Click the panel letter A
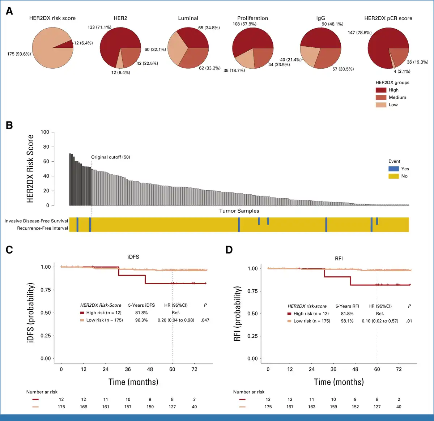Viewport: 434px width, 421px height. (x=9, y=11)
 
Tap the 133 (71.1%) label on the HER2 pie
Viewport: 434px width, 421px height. (x=99, y=27)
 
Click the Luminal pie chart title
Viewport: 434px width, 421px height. (x=188, y=18)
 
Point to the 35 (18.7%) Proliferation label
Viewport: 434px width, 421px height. (x=234, y=71)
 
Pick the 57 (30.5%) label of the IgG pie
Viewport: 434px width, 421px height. (x=343, y=69)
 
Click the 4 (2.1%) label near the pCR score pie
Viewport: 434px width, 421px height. (x=402, y=71)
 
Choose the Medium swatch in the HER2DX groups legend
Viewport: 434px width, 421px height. (x=381, y=98)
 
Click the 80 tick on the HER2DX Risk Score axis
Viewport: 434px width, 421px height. (x=46, y=147)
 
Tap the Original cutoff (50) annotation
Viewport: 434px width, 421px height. (x=110, y=157)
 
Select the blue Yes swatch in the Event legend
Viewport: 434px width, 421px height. (x=393, y=169)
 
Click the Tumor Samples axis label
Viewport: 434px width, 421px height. (x=239, y=211)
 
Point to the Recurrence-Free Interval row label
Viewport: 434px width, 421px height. (x=42, y=228)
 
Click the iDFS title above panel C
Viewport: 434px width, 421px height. (x=133, y=257)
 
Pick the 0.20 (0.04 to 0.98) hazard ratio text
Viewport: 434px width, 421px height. (x=176, y=320)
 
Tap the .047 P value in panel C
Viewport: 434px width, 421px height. (x=205, y=320)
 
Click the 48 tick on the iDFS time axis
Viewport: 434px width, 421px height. (x=150, y=369)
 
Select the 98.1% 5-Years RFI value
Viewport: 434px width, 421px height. (x=347, y=321)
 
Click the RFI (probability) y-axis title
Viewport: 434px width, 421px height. (x=237, y=314)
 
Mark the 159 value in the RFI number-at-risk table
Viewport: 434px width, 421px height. (x=333, y=407)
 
